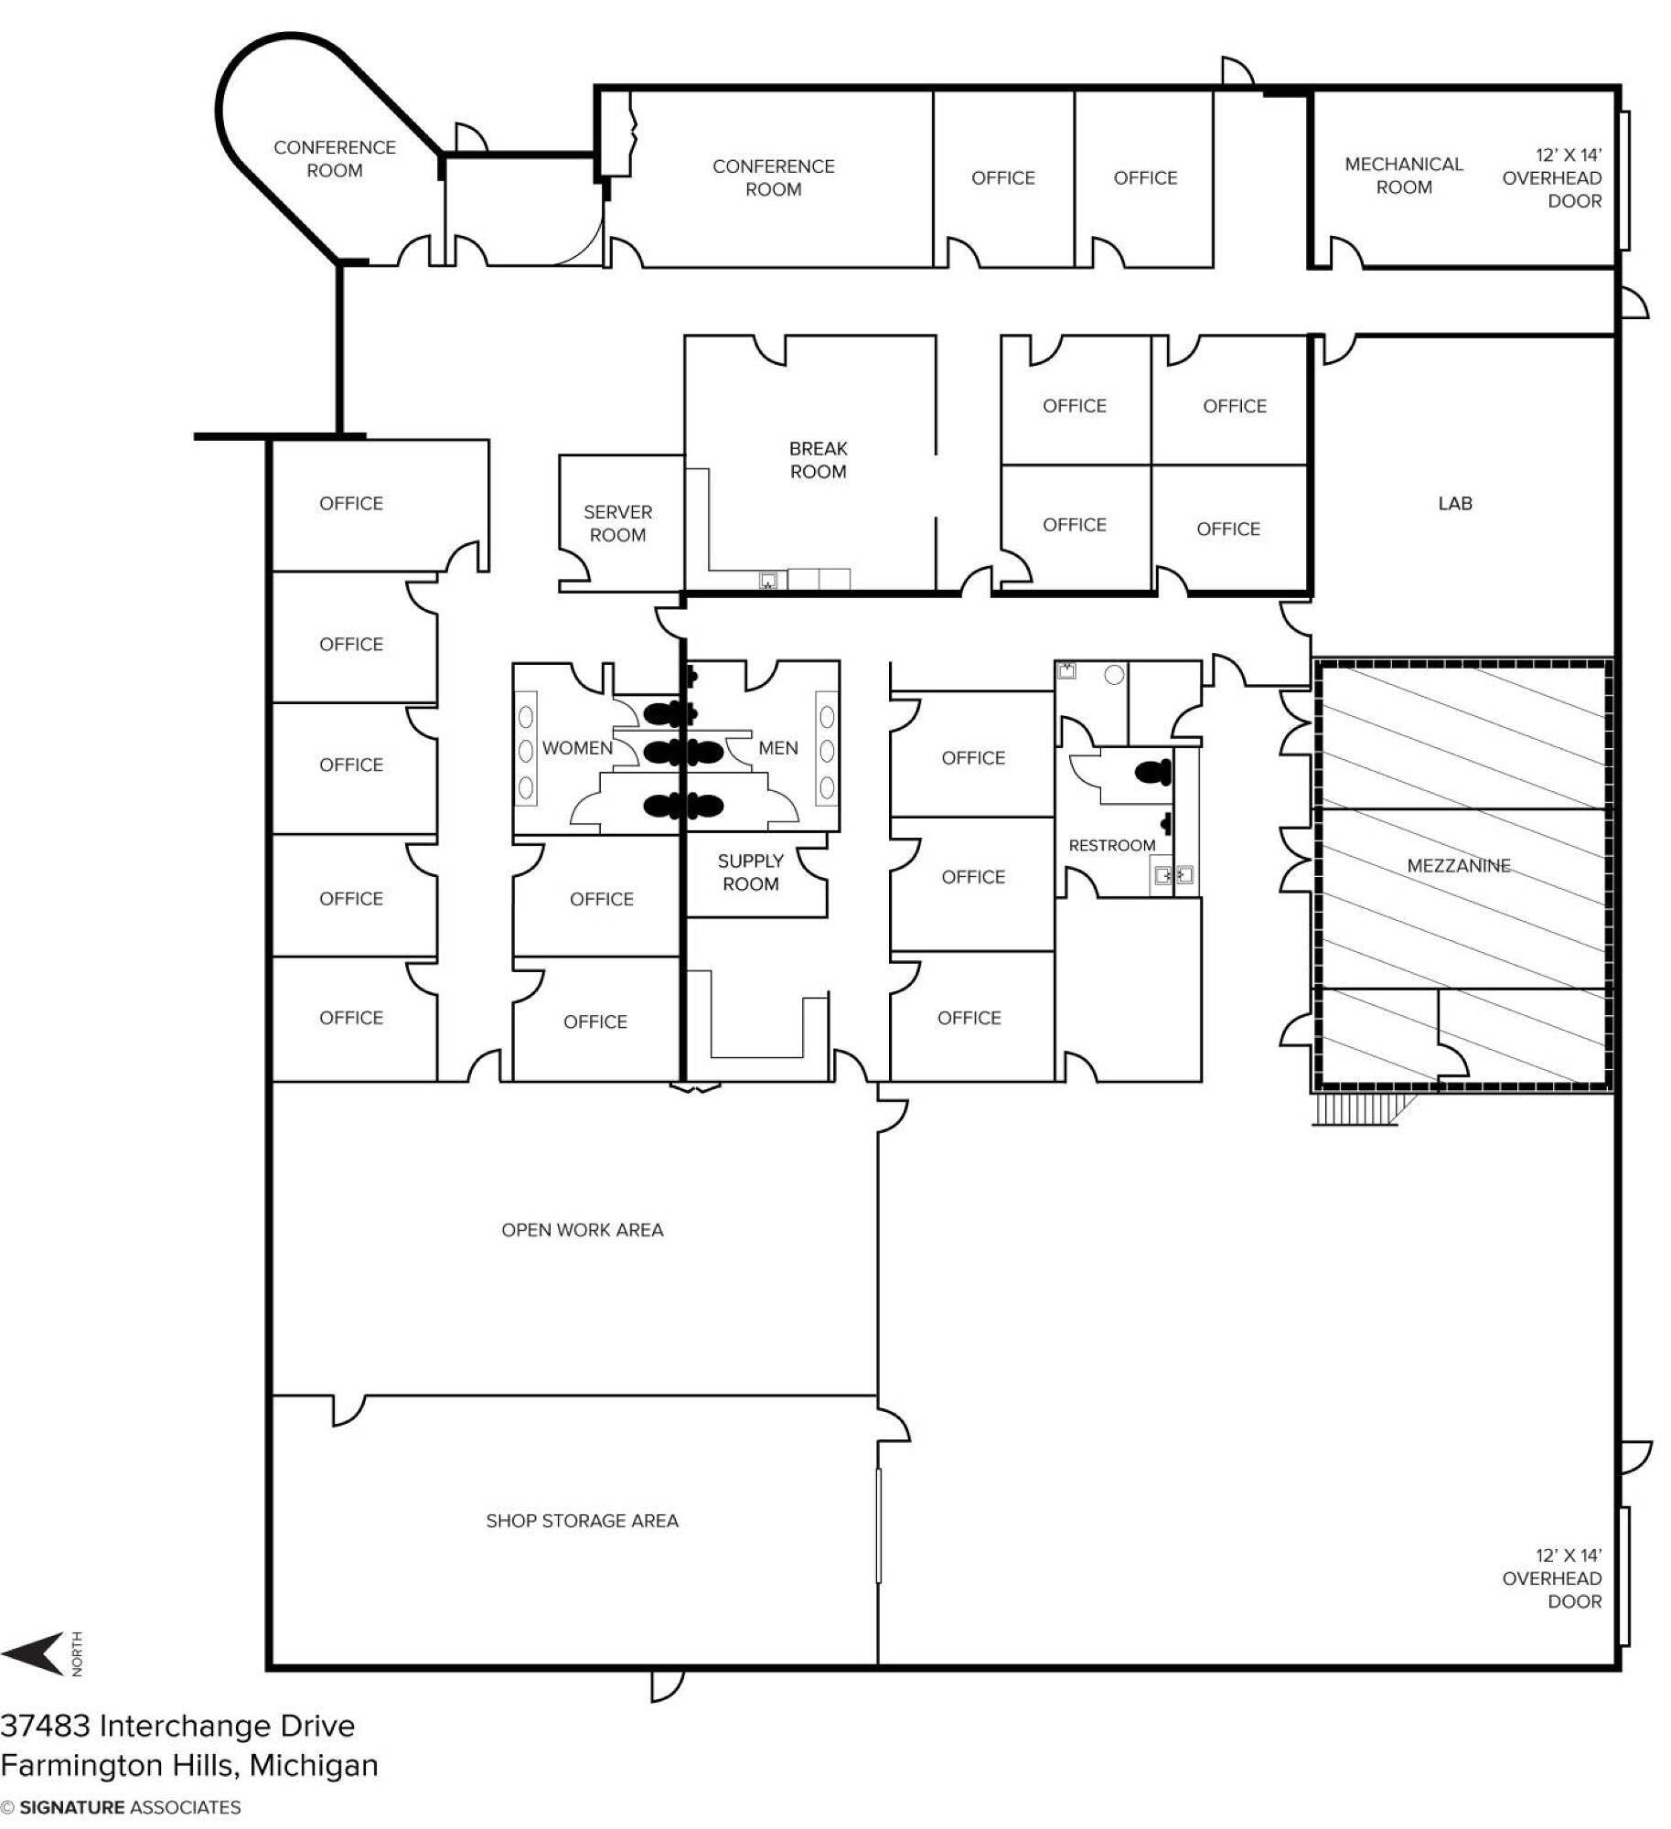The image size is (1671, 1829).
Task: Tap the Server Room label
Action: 617,523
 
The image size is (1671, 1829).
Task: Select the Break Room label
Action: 818,460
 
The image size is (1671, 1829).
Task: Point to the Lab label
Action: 1454,503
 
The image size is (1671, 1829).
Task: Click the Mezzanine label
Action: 1458,865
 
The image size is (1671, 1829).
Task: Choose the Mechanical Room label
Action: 1403,176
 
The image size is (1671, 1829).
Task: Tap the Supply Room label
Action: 750,872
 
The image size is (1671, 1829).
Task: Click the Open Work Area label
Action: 582,1230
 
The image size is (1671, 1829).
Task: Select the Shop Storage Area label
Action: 582,1521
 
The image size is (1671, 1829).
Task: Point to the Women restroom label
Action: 577,748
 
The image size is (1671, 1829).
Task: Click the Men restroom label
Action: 777,748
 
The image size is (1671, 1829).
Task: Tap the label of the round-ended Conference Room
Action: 334,158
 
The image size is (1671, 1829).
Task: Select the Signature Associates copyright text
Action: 121,1807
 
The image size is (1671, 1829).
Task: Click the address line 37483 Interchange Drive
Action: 177,1726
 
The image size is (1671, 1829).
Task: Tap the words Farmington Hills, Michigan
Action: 189,1765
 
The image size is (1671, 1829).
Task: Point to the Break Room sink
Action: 768,580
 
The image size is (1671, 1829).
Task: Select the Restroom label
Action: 1111,845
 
